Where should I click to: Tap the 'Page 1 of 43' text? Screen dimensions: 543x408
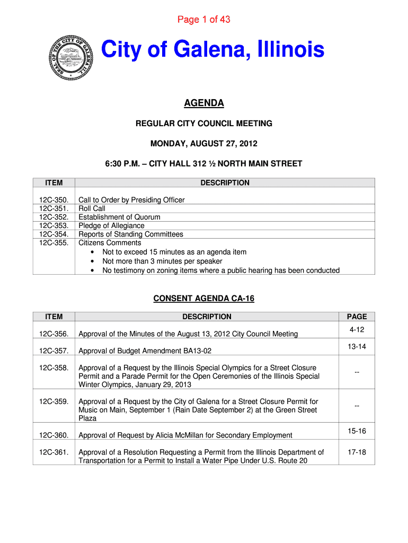(203, 20)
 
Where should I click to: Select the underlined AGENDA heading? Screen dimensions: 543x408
(203, 103)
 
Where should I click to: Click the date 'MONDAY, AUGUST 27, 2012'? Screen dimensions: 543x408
(203, 144)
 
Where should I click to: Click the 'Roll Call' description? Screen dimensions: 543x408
(92, 208)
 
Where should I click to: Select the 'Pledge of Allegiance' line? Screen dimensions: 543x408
(111, 225)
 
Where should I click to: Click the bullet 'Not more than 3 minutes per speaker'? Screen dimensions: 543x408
(162, 261)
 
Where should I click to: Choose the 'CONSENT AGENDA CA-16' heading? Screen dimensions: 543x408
(203, 299)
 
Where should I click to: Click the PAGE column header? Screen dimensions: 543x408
(357, 317)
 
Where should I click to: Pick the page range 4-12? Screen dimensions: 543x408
(357, 330)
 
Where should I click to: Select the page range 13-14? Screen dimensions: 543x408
(357, 347)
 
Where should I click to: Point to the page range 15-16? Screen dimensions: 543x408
(357, 431)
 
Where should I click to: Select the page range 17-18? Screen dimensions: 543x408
(357, 452)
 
